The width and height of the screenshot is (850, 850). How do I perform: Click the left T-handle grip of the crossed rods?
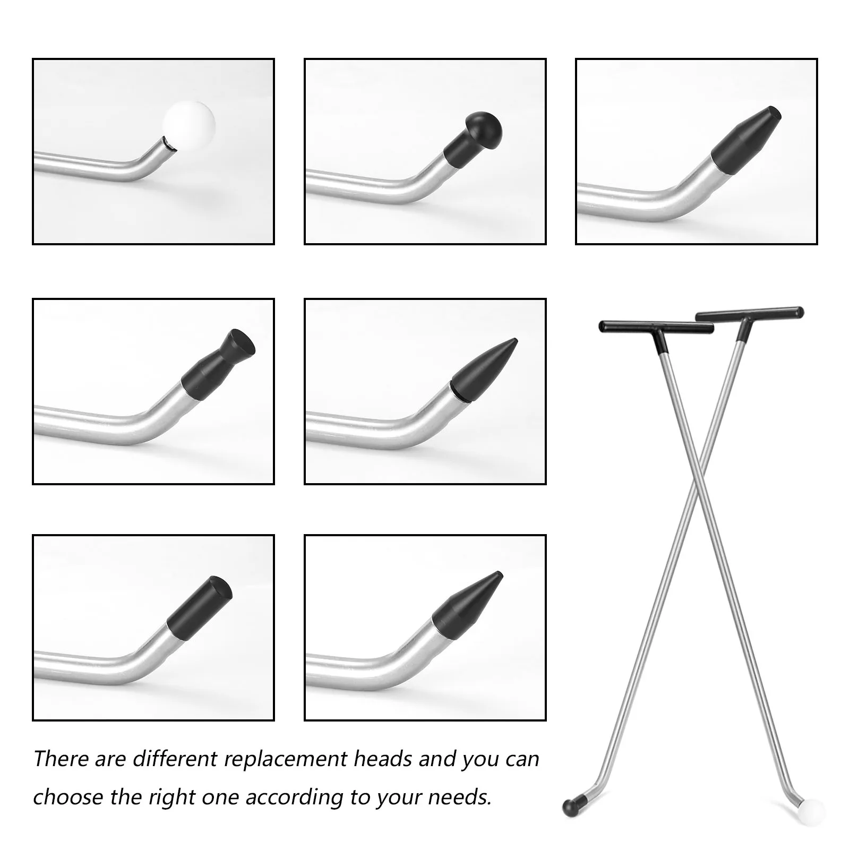coord(656,327)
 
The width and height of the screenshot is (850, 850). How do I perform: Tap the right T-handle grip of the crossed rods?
coord(750,313)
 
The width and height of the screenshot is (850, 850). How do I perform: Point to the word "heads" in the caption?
coord(383,759)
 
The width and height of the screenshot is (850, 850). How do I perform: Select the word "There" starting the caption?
coord(62,759)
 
